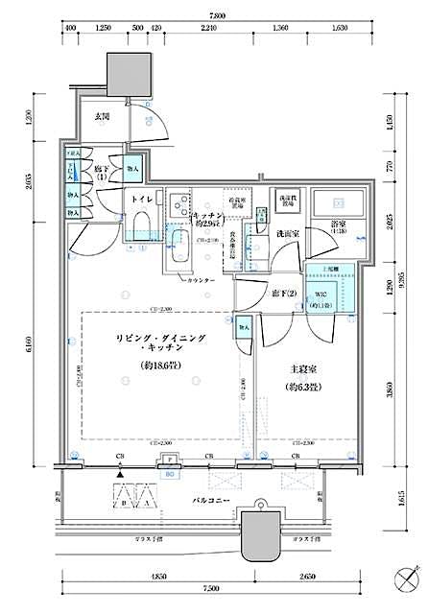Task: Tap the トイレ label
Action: pyautogui.click(x=139, y=200)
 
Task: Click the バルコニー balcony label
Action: pyautogui.click(x=207, y=502)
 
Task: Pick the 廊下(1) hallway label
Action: pyautogui.click(x=103, y=172)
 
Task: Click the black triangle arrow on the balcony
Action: pyautogui.click(x=119, y=474)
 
